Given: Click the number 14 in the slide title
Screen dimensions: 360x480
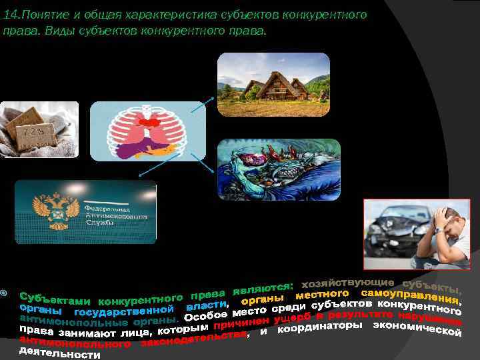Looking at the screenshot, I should (10, 15).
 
